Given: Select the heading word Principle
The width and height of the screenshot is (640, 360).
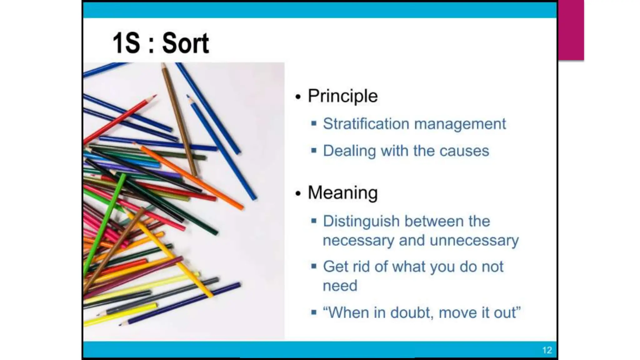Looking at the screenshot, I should (x=342, y=96).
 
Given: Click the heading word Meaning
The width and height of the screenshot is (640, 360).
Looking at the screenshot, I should (x=342, y=192).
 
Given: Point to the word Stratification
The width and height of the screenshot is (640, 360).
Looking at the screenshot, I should (x=366, y=124).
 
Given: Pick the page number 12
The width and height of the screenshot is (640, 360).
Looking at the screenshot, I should (x=547, y=350).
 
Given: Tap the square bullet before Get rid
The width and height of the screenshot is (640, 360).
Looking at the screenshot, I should (x=314, y=266).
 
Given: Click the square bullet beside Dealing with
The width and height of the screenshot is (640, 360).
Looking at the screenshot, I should (x=314, y=151).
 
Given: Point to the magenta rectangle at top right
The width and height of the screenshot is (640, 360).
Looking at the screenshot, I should (x=571, y=30).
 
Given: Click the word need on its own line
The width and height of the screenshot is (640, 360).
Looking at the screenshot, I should (x=340, y=286).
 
